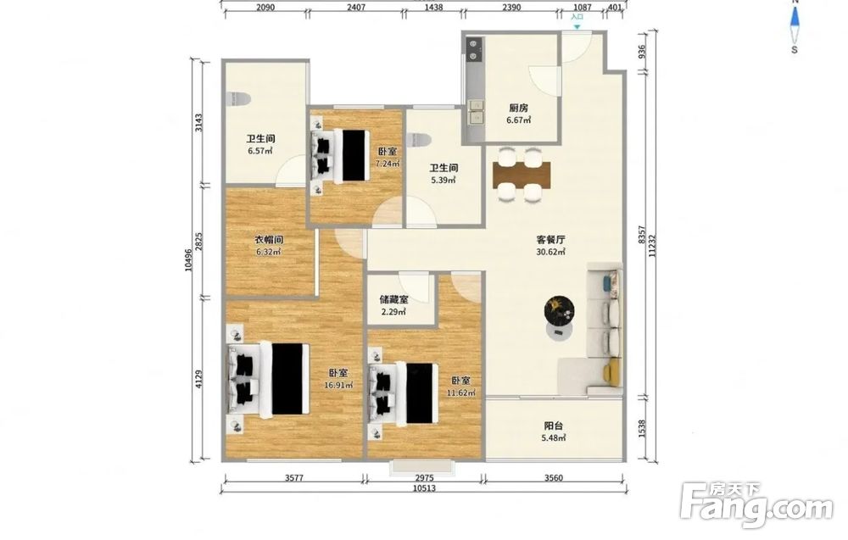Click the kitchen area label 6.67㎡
click(518, 120)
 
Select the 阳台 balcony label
click(553, 426)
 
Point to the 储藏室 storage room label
click(393, 299)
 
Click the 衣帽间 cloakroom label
click(269, 239)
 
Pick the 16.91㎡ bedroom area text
click(338, 386)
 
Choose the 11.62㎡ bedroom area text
click(461, 393)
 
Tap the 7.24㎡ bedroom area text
click(388, 164)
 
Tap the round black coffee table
click(559, 311)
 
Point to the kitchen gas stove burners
click(474, 49)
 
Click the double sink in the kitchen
click(476, 111)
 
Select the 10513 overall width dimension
click(424, 488)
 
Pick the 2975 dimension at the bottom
click(424, 478)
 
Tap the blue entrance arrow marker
click(577, 26)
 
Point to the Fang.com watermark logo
click(756, 505)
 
